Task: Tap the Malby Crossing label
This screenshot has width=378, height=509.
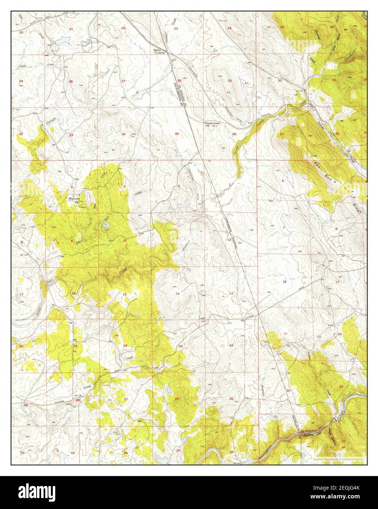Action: coord(160,52)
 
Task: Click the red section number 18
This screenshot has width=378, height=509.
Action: coord(295,282)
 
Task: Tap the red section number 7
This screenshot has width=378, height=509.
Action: coord(283,228)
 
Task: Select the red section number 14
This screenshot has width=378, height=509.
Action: coord(177,294)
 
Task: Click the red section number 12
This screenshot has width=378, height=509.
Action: coord(229,239)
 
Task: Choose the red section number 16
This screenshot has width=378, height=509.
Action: coord(73,293)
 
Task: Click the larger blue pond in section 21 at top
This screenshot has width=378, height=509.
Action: coord(59,43)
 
